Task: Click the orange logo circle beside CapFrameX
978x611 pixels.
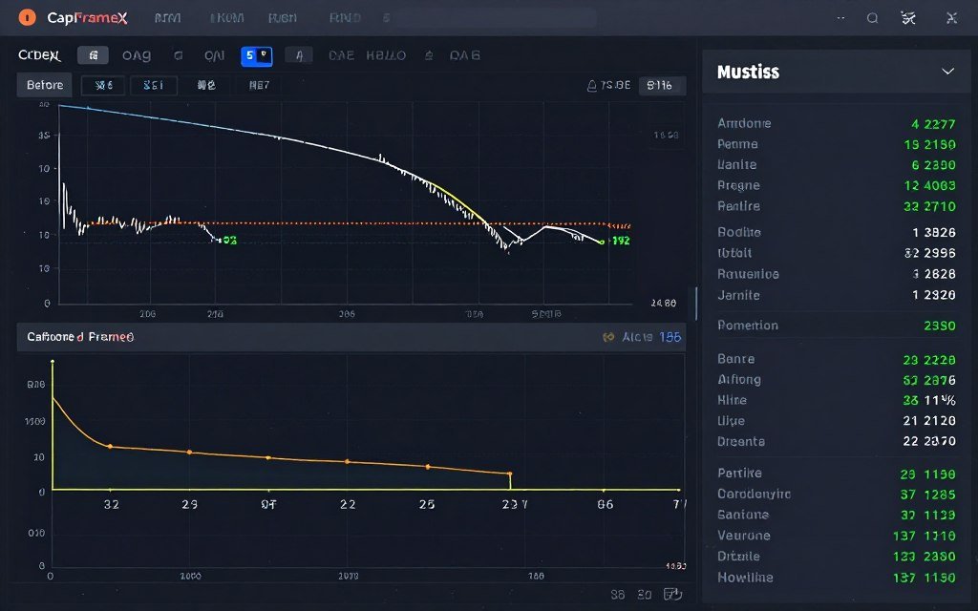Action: tap(27, 17)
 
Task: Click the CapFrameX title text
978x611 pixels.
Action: tap(80, 18)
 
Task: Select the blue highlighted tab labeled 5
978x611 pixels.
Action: tap(256, 56)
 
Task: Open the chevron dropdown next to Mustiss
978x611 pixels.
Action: tap(948, 72)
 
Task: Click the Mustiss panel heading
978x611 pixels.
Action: tap(748, 72)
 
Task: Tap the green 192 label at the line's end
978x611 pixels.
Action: tap(621, 242)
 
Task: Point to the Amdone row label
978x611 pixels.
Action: tap(744, 123)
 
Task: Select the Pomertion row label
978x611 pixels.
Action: tap(747, 326)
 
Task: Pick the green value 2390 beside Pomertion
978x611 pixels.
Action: tap(940, 326)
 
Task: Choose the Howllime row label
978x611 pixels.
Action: tap(745, 578)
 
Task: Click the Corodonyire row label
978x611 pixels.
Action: tap(754, 495)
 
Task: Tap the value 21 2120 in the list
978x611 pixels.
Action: tap(929, 421)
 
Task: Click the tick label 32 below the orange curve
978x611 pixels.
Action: tap(111, 504)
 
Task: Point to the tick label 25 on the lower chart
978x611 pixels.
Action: tap(426, 504)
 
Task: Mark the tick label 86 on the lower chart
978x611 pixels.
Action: tap(605, 504)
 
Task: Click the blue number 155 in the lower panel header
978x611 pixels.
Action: tap(670, 337)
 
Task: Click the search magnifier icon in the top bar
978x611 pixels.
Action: tap(872, 18)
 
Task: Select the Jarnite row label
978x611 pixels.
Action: tap(738, 296)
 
